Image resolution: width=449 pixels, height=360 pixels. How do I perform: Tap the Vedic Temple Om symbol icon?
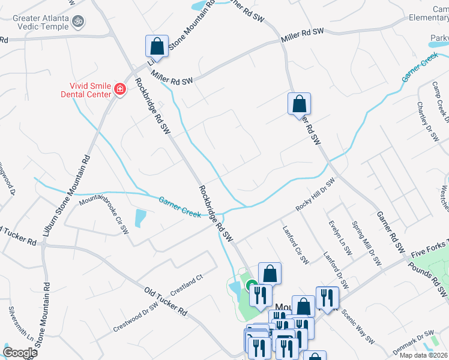click(77, 22)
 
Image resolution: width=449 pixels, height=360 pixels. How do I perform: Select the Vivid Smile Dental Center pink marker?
click(119, 89)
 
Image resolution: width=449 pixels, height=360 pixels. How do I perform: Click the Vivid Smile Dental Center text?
click(86, 89)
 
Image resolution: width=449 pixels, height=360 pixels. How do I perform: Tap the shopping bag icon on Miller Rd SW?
click(157, 46)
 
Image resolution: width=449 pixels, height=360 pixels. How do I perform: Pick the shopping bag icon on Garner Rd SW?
click(298, 104)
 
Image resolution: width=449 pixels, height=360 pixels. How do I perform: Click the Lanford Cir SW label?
click(296, 245)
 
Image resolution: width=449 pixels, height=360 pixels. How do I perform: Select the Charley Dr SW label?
click(428, 120)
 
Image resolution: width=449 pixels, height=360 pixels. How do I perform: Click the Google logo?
click(19, 353)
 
